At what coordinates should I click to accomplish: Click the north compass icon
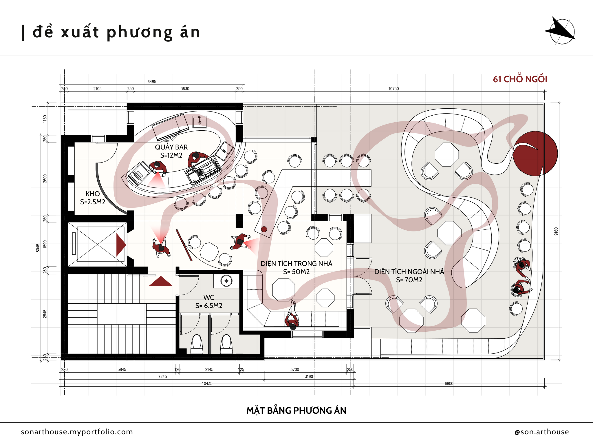(x=561, y=31)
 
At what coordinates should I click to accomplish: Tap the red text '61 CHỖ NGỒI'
(x=520, y=79)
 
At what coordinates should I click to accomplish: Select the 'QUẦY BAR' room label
(x=171, y=147)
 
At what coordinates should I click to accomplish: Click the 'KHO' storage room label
(x=93, y=194)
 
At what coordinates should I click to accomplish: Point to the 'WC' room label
(x=209, y=298)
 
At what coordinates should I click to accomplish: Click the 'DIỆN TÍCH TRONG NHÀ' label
(x=296, y=263)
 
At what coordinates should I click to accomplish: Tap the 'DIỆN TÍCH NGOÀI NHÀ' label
(x=409, y=271)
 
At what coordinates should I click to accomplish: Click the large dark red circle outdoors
(x=535, y=154)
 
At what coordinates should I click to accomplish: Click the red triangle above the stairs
(x=161, y=281)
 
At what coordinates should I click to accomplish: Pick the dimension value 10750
(x=393, y=89)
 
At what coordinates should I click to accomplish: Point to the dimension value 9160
(x=556, y=231)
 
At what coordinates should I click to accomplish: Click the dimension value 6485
(x=152, y=82)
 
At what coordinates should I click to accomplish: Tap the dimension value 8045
(x=38, y=248)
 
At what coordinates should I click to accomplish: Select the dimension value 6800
(x=449, y=384)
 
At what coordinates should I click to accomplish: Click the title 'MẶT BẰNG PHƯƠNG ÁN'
(x=296, y=411)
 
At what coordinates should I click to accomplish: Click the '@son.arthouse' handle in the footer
(x=541, y=432)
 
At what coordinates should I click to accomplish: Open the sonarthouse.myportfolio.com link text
(x=77, y=432)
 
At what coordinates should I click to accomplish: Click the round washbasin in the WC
(x=226, y=281)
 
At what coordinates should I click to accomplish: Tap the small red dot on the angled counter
(x=264, y=229)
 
